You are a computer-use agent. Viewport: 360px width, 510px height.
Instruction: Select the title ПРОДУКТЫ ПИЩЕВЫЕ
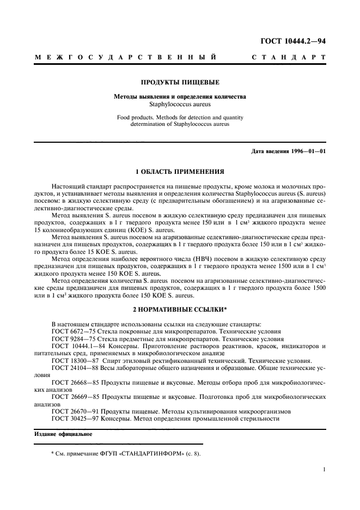coord(180,83)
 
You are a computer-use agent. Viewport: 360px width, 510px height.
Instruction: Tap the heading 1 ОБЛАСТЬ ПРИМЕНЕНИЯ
coord(180,171)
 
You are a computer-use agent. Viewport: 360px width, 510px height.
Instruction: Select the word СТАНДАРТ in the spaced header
coord(289,57)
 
